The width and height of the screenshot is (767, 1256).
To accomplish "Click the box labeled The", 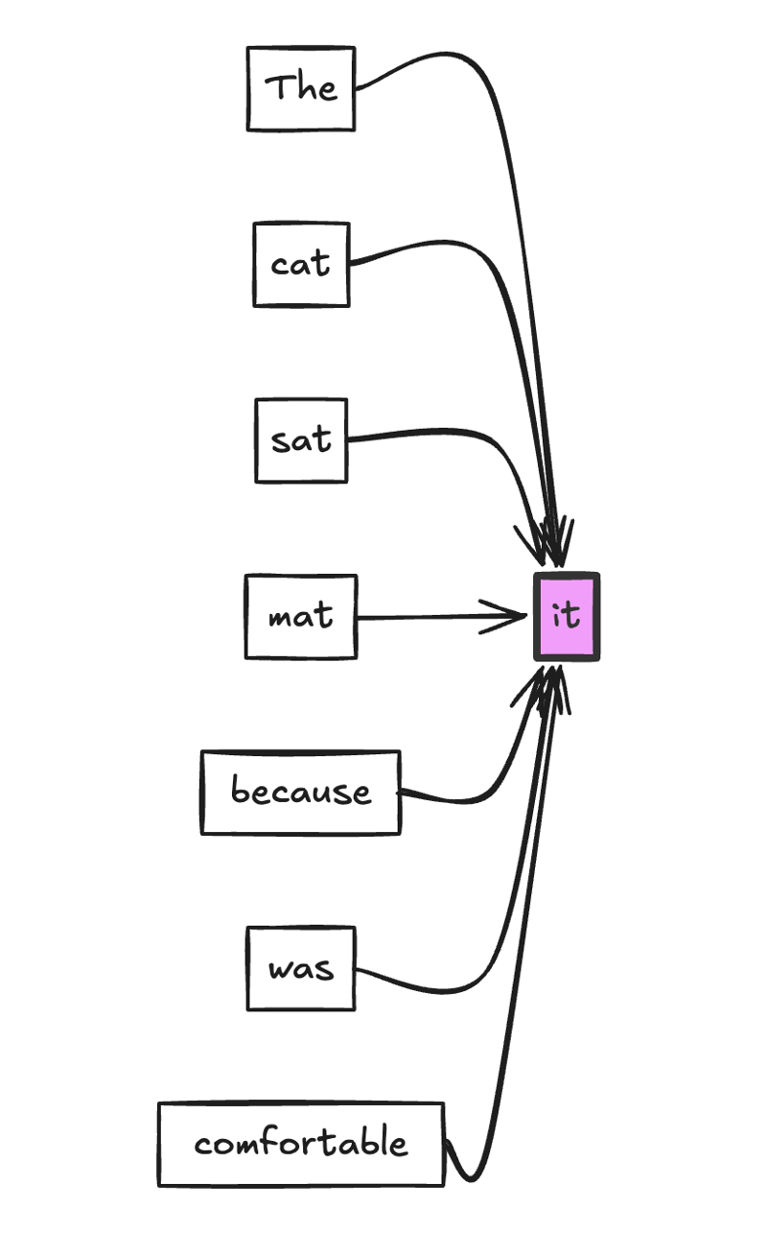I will (301, 88).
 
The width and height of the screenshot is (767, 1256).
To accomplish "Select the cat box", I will (301, 264).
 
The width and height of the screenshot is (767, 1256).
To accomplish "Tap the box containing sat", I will (301, 440).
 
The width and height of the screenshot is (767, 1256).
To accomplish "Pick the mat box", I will (301, 617).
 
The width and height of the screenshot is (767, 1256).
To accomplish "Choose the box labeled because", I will (301, 793).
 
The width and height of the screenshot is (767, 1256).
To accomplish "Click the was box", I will (301, 968).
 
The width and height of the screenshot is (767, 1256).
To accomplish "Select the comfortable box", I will (301, 1145).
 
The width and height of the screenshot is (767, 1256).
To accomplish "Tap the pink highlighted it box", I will (567, 616).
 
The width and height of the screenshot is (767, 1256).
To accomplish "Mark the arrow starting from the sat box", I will (431, 432).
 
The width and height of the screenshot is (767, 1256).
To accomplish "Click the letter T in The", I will (275, 87).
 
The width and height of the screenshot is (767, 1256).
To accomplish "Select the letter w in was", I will (279, 970).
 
